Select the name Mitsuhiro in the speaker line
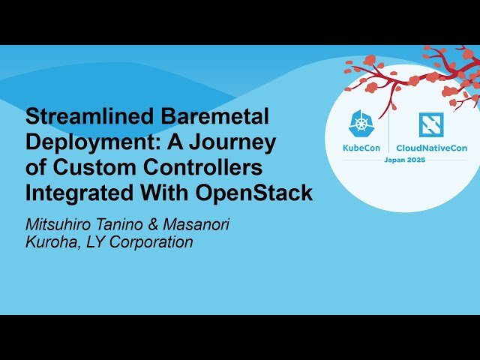pos(61,224)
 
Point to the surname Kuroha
pos(49,242)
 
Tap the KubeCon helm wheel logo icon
pos(361,124)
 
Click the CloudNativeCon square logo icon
pos(431,124)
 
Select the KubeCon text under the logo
pos(361,148)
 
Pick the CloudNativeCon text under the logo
pos(431,148)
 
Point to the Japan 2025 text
pos(404,160)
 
